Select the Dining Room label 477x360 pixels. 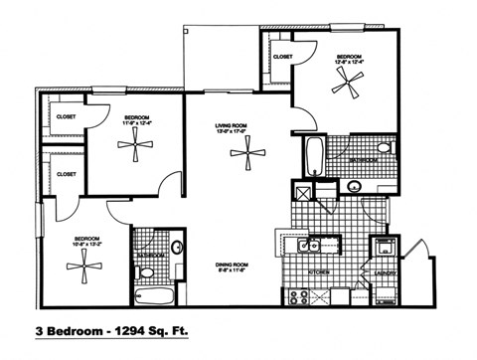(232, 264)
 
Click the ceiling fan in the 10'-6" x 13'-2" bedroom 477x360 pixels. (81, 264)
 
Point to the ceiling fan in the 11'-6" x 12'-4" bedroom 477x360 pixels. (132, 146)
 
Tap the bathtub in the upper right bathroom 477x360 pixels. (313, 157)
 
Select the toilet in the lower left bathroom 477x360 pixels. (176, 248)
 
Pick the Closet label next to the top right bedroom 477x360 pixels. (281, 57)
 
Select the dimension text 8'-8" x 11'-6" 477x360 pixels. (232, 270)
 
